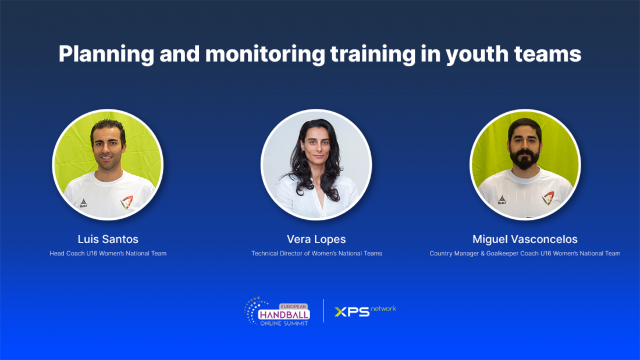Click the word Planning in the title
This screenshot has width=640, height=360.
click(106, 55)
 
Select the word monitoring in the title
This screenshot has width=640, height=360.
click(265, 55)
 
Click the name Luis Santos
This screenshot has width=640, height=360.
click(108, 239)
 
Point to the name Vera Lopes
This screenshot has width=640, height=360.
click(317, 239)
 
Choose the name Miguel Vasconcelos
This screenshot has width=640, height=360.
click(525, 239)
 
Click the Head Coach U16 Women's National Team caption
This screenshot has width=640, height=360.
click(108, 254)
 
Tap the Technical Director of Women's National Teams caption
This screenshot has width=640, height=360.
click(317, 254)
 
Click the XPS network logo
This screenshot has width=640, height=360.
click(365, 311)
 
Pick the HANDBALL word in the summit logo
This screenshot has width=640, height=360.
click(284, 315)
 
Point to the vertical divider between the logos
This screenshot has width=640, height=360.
click(323, 311)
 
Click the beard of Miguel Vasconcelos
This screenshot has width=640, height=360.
click(525, 159)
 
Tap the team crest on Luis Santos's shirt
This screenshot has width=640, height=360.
click(127, 202)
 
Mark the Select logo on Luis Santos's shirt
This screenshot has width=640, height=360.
click(83, 203)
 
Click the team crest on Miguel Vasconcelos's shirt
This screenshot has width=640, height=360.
click(547, 198)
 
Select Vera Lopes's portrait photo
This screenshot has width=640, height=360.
click(317, 165)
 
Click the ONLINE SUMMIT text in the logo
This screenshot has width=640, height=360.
click(284, 324)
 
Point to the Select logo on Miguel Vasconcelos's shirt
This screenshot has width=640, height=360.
click(502, 200)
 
